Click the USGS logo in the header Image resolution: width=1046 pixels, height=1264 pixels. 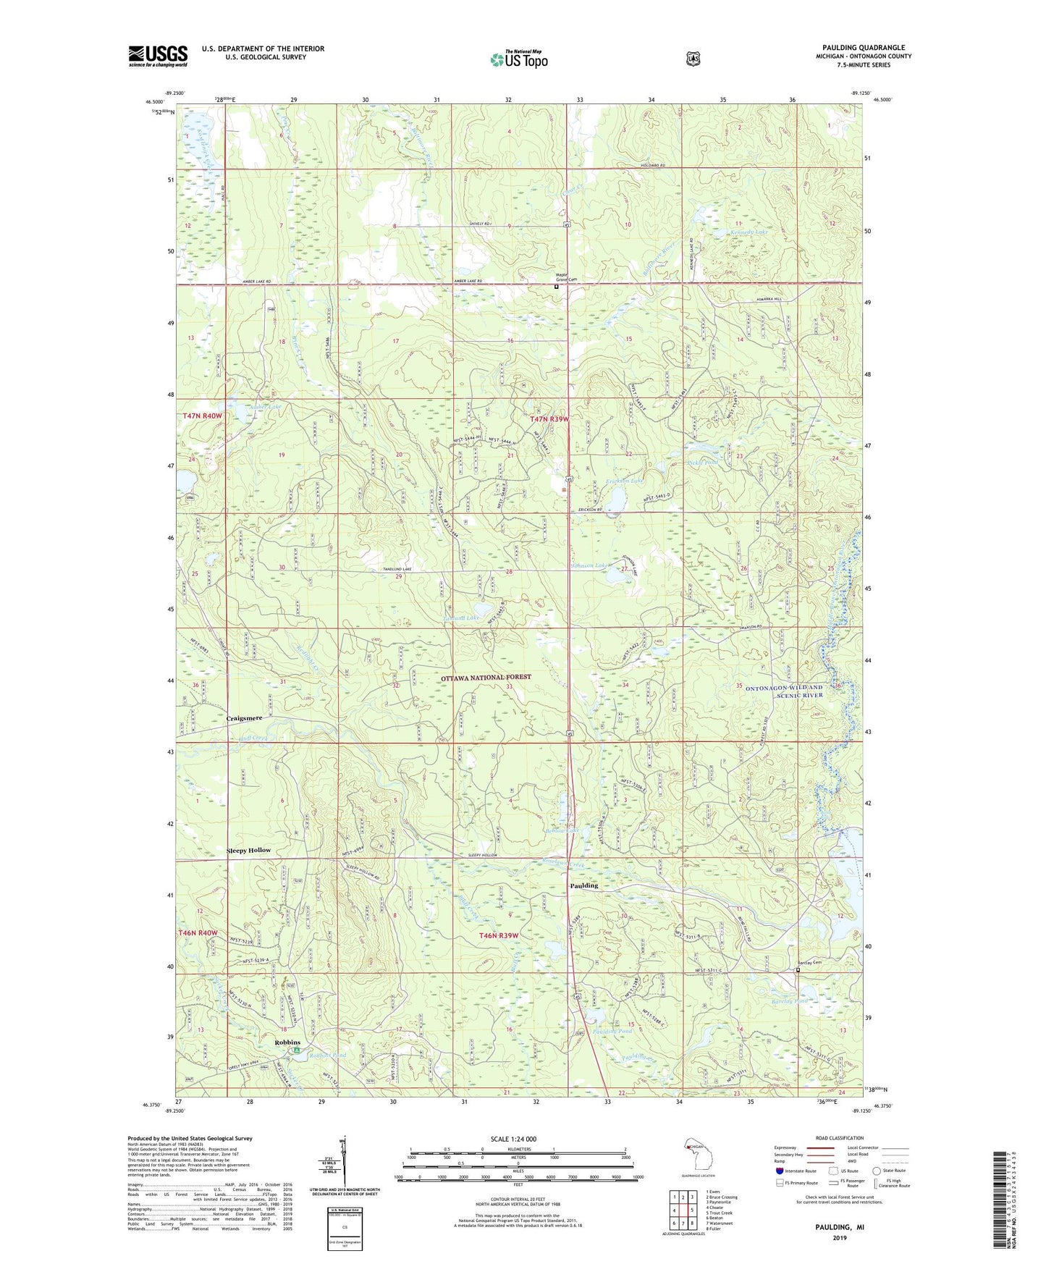[x=158, y=56]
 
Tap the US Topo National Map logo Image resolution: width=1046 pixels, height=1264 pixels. [x=518, y=59]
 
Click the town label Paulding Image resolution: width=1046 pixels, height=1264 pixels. [x=584, y=886]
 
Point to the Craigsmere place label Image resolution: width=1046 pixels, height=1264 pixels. [x=244, y=718]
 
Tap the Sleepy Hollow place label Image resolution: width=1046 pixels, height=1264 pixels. [x=248, y=850]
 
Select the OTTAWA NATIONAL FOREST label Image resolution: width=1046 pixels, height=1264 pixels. [x=486, y=677]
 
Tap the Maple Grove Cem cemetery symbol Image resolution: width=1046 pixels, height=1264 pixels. [x=556, y=287]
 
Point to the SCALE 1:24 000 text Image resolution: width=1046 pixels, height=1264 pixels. [x=513, y=1139]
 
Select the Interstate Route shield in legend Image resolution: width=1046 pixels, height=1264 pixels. [x=779, y=1171]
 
